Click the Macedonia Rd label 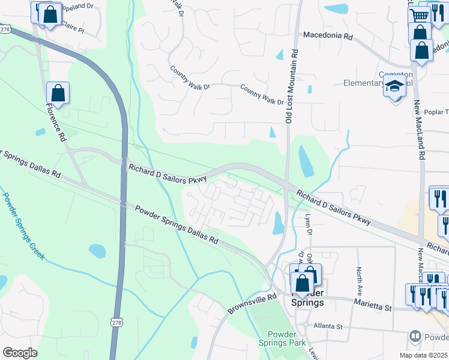coord(328,36)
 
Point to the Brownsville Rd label coord(251,304)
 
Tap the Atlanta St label coord(327,326)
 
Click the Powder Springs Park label coord(286,339)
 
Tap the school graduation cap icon coord(395,87)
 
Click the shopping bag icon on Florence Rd coord(58,93)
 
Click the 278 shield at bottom coord(116,322)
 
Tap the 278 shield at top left coord(5,28)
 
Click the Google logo coord(20,352)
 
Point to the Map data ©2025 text coord(423,355)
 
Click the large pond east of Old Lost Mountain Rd coord(306,160)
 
